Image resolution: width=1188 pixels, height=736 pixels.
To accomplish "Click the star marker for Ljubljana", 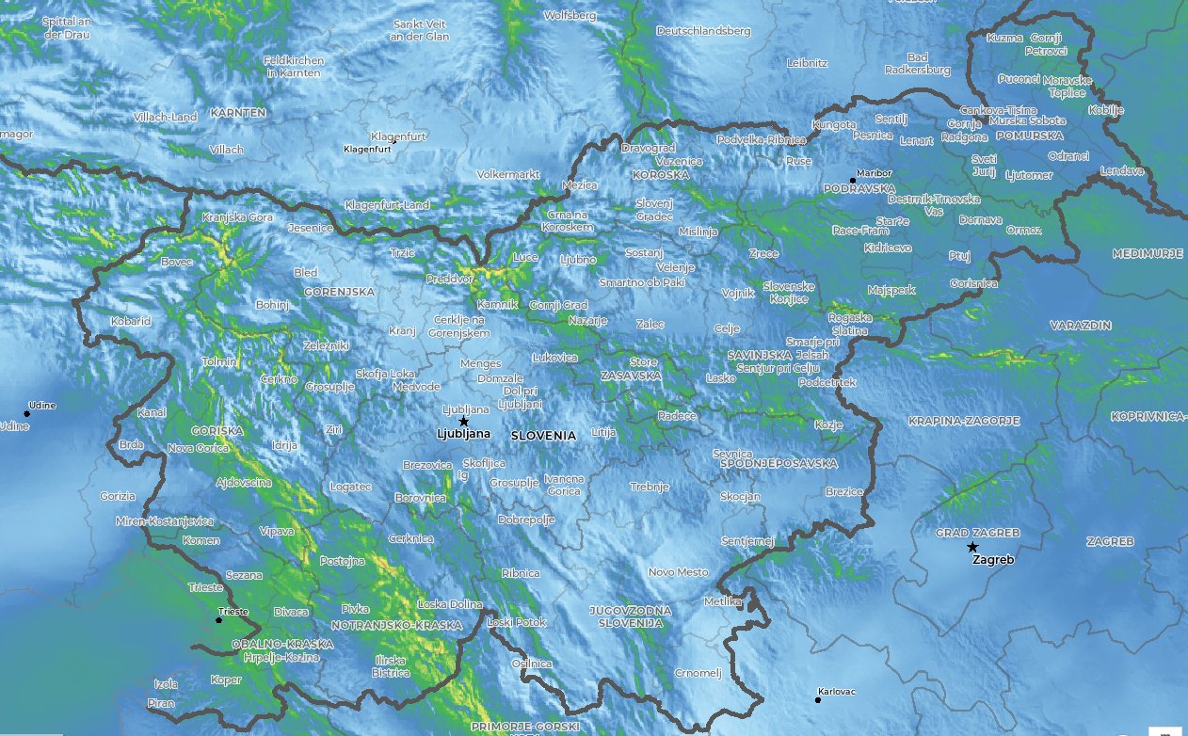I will pyautogui.click(x=463, y=422).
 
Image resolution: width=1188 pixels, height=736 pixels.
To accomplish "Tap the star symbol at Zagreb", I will pyautogui.click(x=972, y=547).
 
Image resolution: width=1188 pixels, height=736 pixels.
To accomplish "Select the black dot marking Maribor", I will pyautogui.click(x=853, y=180).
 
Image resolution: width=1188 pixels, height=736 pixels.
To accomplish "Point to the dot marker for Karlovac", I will pyautogui.click(x=817, y=699).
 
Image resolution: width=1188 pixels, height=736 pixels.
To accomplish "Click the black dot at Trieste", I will pyautogui.click(x=218, y=619).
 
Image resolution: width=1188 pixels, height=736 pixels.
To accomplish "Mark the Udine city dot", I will pyautogui.click(x=26, y=413).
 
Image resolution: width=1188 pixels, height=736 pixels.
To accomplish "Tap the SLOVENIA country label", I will pyautogui.click(x=543, y=436).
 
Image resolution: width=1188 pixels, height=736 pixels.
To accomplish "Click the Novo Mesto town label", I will pyautogui.click(x=678, y=572).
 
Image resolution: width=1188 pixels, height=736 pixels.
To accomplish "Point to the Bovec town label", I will pyautogui.click(x=176, y=262).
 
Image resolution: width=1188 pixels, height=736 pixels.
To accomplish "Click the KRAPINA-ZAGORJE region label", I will pyautogui.click(x=964, y=421).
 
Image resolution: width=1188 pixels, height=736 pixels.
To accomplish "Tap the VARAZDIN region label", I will pyautogui.click(x=1081, y=325).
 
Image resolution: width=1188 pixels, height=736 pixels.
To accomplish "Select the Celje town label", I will pyautogui.click(x=727, y=328).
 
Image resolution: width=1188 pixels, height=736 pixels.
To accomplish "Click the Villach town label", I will pyautogui.click(x=226, y=150).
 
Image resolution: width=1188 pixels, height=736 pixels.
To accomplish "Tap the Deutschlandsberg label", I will pyautogui.click(x=703, y=31).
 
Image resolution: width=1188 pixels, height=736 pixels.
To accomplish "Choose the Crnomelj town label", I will pyautogui.click(x=698, y=673).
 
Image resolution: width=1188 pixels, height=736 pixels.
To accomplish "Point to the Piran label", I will pyautogui.click(x=161, y=703).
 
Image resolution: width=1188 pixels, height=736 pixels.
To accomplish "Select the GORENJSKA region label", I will pyautogui.click(x=339, y=292).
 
